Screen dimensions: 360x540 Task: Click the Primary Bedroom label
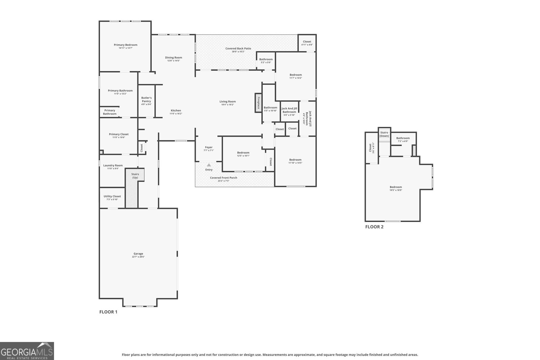(x=126, y=45)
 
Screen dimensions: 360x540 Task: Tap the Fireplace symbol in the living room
(x=258, y=103)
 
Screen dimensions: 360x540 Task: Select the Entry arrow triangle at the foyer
(x=209, y=165)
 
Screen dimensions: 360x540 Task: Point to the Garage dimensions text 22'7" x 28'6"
(x=138, y=257)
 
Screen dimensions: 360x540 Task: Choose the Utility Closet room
(x=112, y=197)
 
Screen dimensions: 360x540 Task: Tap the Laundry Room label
(x=113, y=165)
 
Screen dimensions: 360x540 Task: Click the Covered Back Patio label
(x=238, y=49)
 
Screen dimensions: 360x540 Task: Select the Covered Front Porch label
(x=223, y=178)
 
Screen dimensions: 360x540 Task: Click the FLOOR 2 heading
(x=374, y=227)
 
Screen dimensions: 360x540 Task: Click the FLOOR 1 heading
(x=108, y=312)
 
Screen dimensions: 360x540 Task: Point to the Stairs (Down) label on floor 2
(x=384, y=134)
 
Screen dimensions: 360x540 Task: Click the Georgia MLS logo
(x=27, y=351)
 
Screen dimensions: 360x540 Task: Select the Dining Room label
(x=173, y=58)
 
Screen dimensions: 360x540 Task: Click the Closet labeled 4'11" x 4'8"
(x=307, y=43)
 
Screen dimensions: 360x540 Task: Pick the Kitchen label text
(x=176, y=111)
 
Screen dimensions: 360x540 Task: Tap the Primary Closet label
(x=119, y=134)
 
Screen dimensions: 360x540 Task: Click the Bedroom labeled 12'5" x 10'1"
(x=243, y=154)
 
